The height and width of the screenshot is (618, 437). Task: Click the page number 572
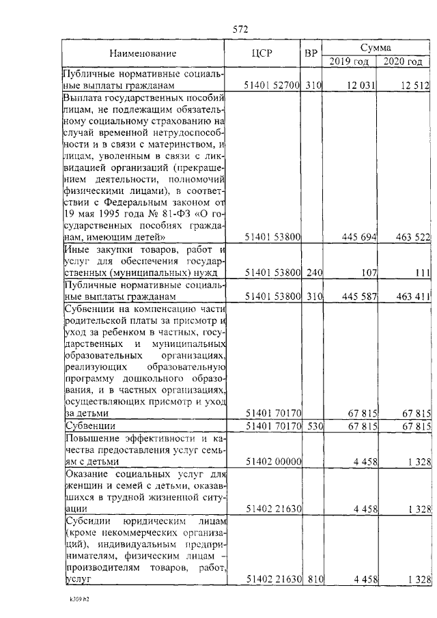click(x=240, y=29)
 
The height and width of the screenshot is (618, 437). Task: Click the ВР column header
click(x=311, y=54)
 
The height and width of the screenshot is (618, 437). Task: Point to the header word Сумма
click(x=376, y=48)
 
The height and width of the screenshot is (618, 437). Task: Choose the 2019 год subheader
click(x=350, y=61)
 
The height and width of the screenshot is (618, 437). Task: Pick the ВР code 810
click(x=313, y=580)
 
